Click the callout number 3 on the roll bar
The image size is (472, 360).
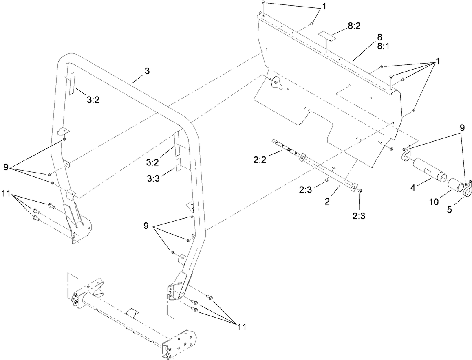point(147,71)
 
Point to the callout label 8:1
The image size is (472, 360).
point(383,46)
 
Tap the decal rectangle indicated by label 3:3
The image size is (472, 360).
point(179,165)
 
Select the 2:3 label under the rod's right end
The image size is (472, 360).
point(359,216)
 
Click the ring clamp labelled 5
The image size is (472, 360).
point(467,187)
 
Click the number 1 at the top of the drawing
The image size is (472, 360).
point(324,7)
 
